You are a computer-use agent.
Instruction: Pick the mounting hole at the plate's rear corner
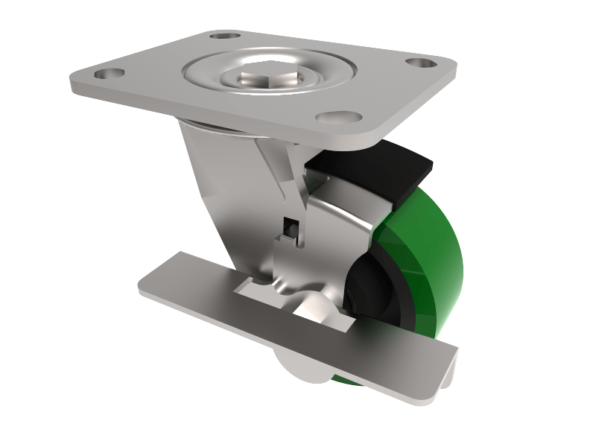tap(224, 34)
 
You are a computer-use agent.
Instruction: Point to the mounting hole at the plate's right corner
tap(421, 63)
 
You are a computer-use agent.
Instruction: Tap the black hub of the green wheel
tap(376, 291)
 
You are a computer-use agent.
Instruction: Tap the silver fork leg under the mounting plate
tap(223, 194)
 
